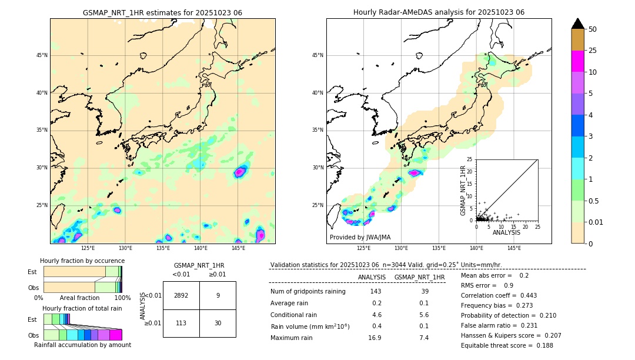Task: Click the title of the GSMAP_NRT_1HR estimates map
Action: (x=162, y=12)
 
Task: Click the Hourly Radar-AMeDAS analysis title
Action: (x=439, y=12)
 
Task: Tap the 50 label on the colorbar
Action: (x=593, y=29)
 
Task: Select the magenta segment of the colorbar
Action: (x=578, y=61)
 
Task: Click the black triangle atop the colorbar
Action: (x=578, y=24)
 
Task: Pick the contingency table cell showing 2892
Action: (x=181, y=295)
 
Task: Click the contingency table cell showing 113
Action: (x=181, y=323)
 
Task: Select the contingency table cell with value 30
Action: (x=218, y=323)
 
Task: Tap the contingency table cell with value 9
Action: (x=218, y=295)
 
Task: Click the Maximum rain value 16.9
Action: (x=375, y=338)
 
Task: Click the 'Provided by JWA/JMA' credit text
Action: (x=360, y=237)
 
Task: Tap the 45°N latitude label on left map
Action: (x=42, y=55)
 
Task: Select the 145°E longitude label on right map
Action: (x=514, y=248)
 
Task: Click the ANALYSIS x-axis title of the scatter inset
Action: (x=506, y=232)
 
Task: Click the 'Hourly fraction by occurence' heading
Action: (x=82, y=261)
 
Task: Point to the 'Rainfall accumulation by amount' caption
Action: (x=82, y=345)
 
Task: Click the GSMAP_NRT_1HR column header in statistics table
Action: (x=419, y=277)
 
